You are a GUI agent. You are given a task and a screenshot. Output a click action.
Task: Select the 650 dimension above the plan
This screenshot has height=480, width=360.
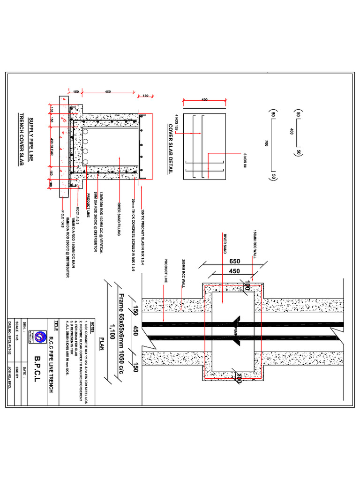(235, 261)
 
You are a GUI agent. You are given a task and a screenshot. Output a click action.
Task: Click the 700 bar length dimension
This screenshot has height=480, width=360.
(266, 143)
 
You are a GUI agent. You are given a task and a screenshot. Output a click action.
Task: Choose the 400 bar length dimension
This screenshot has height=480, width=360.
(292, 132)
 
